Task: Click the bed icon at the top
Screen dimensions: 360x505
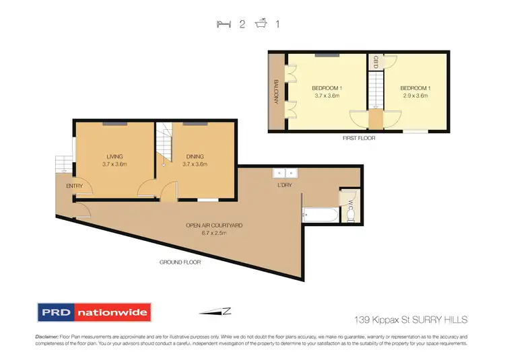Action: click(223, 24)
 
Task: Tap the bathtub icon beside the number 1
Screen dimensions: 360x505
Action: click(261, 24)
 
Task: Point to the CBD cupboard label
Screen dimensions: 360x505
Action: click(376, 62)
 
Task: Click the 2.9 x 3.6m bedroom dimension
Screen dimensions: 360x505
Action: click(414, 96)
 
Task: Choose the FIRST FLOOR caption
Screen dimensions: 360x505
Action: click(358, 138)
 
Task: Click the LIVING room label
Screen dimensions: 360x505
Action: click(114, 156)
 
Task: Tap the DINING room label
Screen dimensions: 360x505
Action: click(196, 156)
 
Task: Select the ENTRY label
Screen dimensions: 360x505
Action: click(74, 186)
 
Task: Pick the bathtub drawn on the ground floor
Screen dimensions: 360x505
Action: click(320, 215)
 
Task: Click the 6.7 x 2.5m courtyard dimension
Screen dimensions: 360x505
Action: click(215, 233)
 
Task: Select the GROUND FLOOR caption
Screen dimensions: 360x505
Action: click(180, 262)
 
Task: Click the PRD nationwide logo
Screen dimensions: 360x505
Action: click(94, 312)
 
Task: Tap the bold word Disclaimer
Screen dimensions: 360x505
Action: click(46, 335)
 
